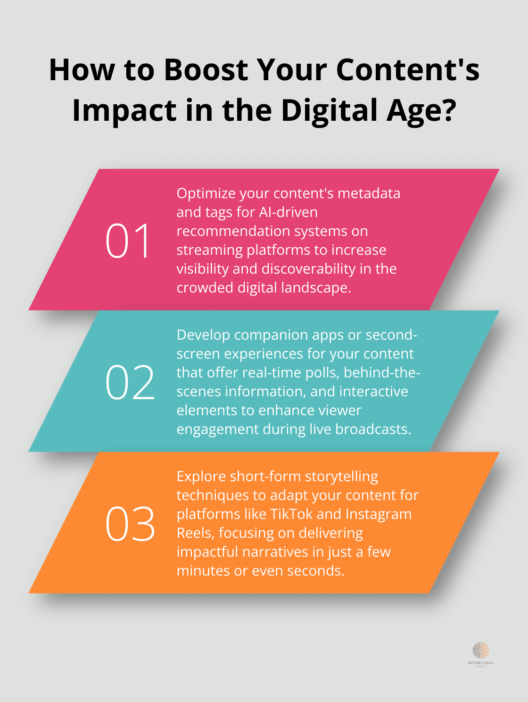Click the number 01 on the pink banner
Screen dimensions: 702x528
(x=128, y=241)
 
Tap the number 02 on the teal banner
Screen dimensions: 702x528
(x=130, y=383)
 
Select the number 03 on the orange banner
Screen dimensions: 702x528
(x=130, y=524)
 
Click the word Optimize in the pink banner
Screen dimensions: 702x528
(x=206, y=193)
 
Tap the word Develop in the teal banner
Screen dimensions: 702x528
(x=203, y=335)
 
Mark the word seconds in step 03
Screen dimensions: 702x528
(x=315, y=571)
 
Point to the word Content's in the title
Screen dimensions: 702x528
(x=407, y=70)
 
